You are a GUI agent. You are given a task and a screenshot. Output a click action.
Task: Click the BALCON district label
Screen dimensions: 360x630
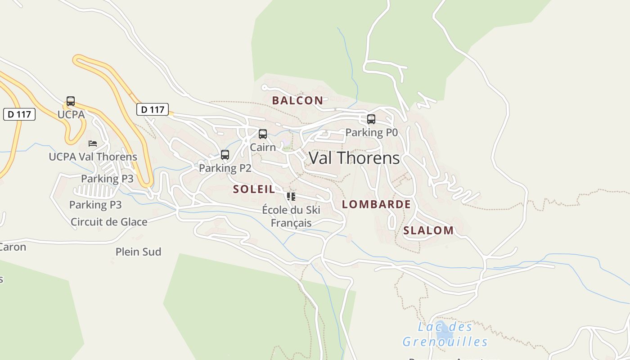297,100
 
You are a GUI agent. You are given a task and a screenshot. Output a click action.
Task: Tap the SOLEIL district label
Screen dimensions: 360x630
254,189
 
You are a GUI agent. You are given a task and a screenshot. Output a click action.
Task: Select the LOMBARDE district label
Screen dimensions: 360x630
376,204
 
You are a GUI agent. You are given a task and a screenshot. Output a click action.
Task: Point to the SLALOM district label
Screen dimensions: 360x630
428,230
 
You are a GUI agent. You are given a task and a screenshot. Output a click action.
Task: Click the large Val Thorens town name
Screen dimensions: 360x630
354,158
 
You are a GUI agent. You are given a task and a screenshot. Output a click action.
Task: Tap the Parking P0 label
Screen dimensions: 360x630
372,132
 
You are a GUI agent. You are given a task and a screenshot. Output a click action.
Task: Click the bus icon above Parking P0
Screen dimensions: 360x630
371,119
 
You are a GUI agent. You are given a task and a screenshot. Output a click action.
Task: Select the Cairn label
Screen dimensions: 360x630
263,147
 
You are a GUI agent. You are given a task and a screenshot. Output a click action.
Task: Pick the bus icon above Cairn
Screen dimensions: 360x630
263,134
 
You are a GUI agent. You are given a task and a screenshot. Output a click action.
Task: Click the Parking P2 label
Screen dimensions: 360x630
225,168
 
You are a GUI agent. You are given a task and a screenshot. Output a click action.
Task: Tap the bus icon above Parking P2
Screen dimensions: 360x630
225,155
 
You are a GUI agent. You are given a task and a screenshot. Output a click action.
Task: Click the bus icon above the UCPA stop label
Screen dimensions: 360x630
71,101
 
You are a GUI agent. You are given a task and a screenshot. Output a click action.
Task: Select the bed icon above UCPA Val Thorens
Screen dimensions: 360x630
93,144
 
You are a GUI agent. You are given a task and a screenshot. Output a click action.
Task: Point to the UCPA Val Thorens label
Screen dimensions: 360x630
93,157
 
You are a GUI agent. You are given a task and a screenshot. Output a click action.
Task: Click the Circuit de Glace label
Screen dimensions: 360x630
109,222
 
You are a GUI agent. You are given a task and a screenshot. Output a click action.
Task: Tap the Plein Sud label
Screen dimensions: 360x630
138,252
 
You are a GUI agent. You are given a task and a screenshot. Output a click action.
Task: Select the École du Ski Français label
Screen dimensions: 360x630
291,216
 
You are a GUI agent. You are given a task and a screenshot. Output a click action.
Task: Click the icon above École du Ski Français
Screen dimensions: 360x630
291,197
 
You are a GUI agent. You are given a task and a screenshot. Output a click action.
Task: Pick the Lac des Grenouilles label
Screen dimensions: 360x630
445,334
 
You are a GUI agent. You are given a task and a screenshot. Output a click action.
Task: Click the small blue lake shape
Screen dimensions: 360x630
445,331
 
